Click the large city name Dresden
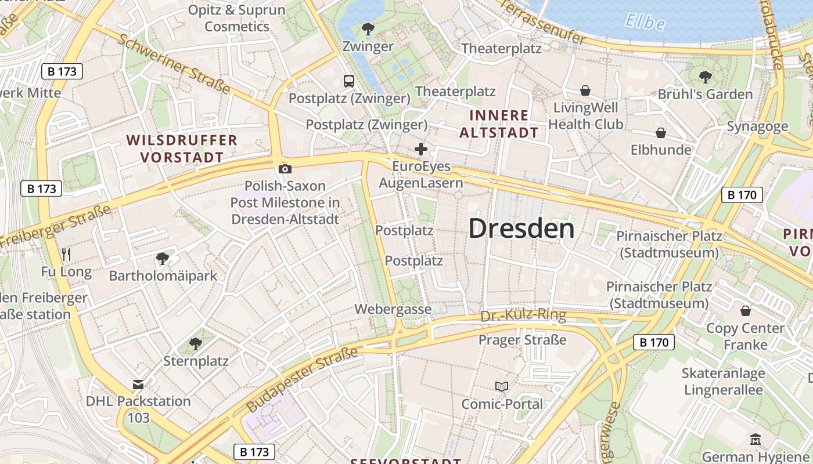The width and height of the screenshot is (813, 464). (521, 228)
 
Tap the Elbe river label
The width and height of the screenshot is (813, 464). (645, 22)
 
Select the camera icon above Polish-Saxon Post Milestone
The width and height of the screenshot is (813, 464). (285, 169)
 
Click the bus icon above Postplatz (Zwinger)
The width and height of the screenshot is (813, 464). (348, 81)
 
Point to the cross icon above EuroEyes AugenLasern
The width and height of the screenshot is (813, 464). (421, 150)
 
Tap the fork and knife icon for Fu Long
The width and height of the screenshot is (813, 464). (66, 254)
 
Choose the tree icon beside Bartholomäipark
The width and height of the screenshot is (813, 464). (162, 258)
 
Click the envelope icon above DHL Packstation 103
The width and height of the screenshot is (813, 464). (138, 384)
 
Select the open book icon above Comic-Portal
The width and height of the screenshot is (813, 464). (501, 386)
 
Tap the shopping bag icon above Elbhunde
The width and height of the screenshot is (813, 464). (660, 133)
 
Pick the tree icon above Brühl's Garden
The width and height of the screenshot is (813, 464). (705, 77)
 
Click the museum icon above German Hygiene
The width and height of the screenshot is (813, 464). (755, 439)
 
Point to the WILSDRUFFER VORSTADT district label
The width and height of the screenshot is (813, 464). (182, 148)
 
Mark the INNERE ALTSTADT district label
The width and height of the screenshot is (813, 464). (499, 124)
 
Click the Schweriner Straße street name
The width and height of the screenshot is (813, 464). (174, 64)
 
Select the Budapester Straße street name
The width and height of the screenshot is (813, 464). (301, 380)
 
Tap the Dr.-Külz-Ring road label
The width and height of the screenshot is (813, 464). (523, 316)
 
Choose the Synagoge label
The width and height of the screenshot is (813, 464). (757, 126)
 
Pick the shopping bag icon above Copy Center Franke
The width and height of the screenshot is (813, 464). (745, 311)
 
